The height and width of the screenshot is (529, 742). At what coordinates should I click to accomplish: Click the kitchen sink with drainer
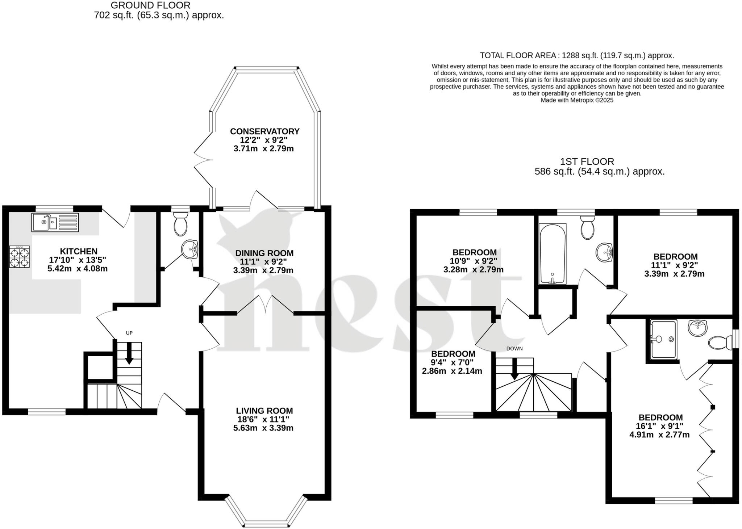coord(55,222)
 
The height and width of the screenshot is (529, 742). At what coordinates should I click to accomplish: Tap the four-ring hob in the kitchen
coord(20,257)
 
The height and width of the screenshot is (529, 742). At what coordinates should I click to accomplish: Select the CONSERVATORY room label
coord(264,131)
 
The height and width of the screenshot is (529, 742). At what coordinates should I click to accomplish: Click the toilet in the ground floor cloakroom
coord(180,224)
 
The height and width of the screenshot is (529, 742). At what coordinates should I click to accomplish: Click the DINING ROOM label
coord(264,253)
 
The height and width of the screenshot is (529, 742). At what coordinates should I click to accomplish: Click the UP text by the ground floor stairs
coord(129,333)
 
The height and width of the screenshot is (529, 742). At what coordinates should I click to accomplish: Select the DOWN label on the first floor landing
coord(514,349)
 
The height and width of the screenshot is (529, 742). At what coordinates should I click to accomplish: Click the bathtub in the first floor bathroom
coord(552,253)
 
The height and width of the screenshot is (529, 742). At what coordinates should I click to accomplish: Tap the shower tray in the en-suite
coord(663,339)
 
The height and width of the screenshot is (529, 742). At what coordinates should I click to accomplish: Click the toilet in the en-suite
coord(720,342)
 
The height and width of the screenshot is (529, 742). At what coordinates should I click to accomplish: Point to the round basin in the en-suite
coord(697,328)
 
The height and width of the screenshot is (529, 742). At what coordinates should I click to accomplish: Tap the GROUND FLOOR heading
coord(150,5)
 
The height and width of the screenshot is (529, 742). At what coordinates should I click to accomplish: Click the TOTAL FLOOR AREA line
coord(577,55)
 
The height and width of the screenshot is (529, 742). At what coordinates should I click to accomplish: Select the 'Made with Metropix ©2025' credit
coord(577,100)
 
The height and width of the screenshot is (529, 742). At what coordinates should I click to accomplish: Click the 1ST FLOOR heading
coord(587,161)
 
